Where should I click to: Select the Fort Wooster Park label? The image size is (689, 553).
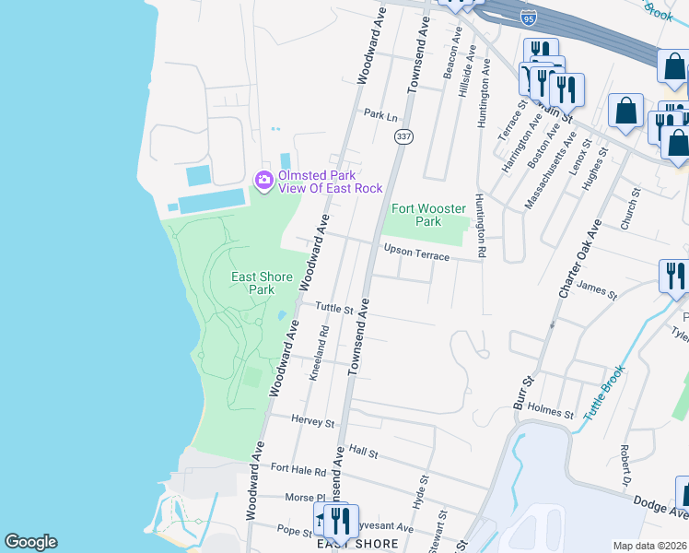[x=429, y=215]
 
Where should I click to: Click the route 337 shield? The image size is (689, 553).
[x=403, y=136]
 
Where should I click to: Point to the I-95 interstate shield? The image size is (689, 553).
[x=527, y=18]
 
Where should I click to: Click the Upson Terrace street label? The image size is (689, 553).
[x=416, y=252]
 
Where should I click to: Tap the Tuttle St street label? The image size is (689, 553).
[x=334, y=308]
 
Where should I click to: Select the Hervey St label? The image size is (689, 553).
[x=312, y=422]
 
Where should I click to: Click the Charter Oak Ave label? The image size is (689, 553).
[x=576, y=259]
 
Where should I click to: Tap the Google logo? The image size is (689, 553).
[x=30, y=542]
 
